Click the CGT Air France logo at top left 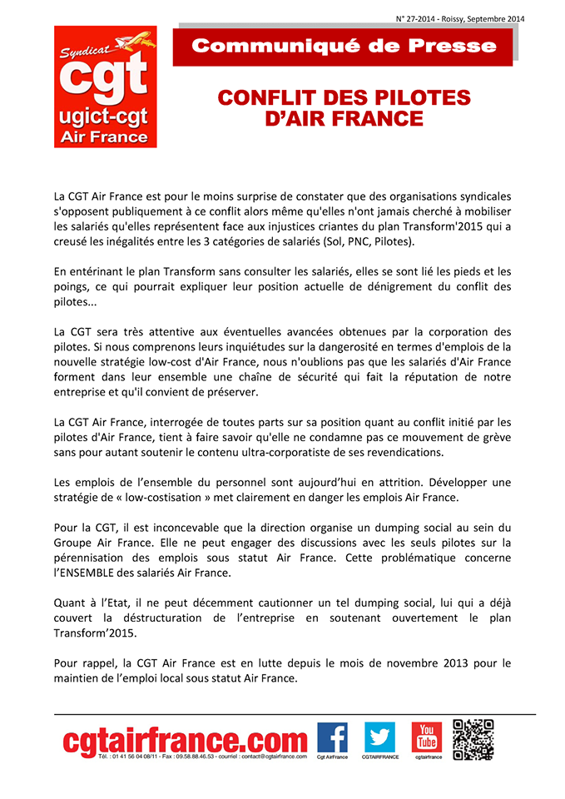point(100,87)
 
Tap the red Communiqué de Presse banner point(343,47)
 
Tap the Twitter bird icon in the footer point(379,737)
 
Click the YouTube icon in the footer point(427,737)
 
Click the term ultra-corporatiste point(297,452)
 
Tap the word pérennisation point(97,558)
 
